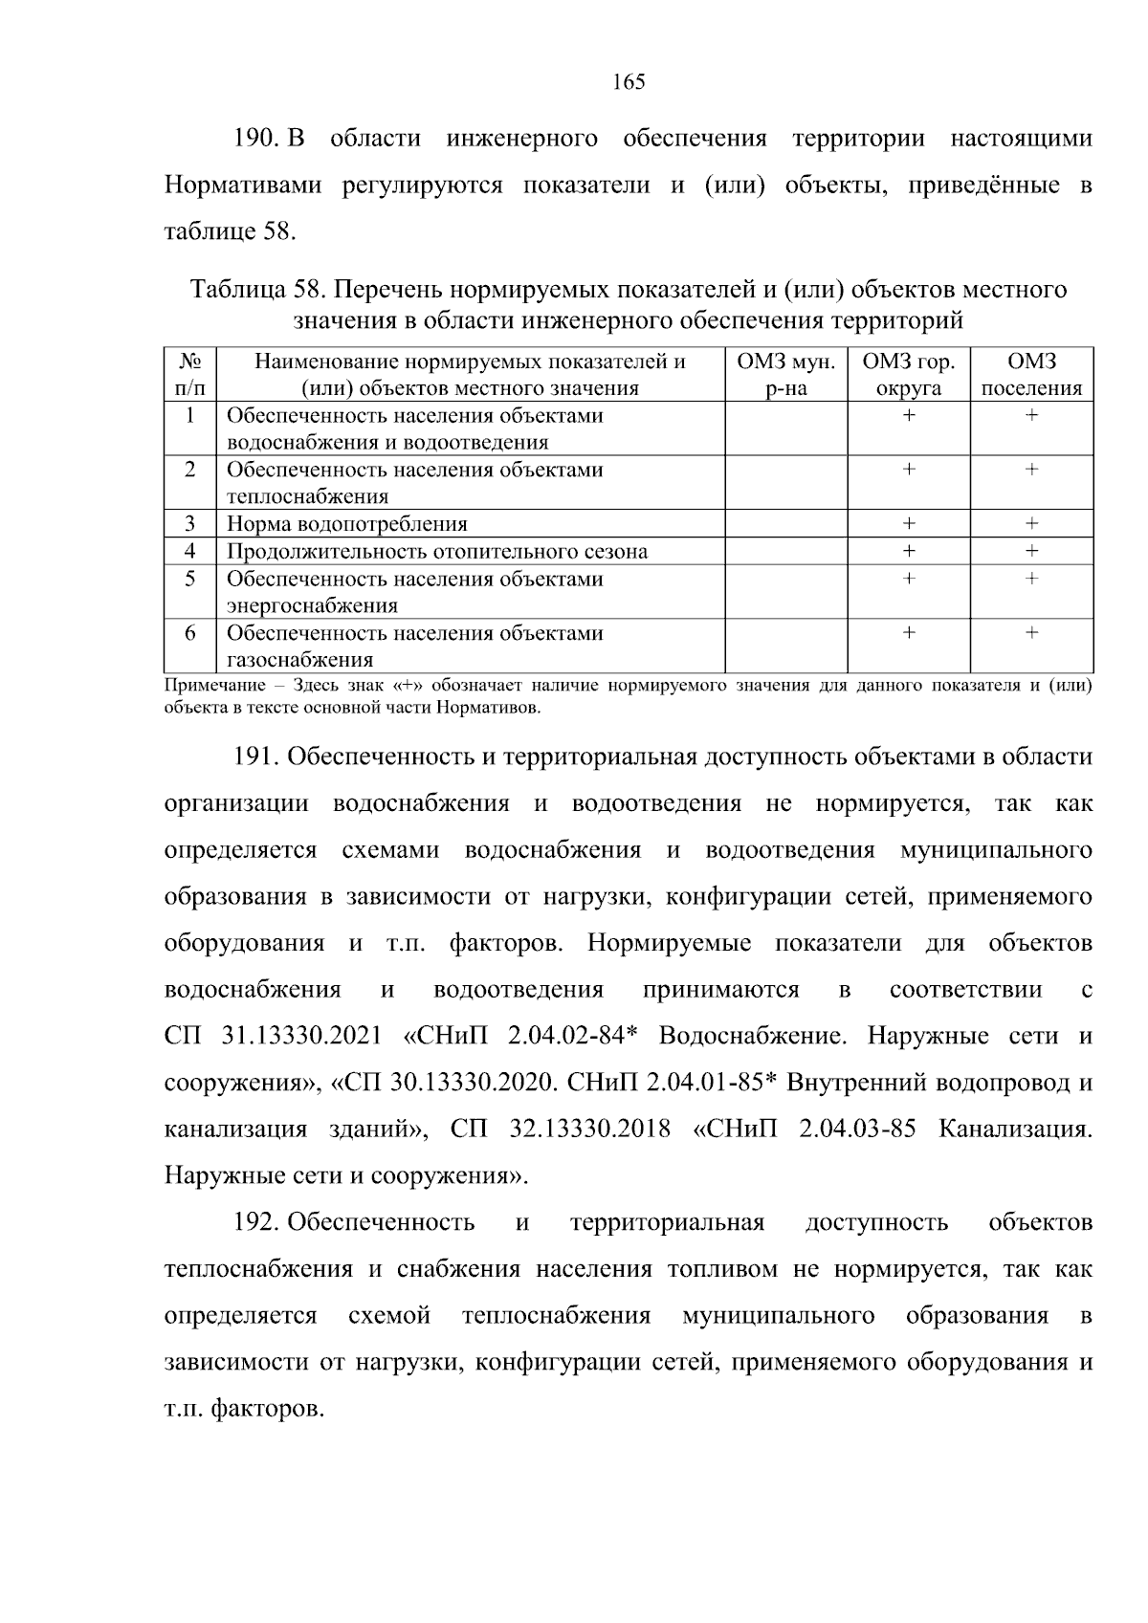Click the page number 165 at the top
[x=629, y=82]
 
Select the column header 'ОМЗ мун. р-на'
[x=786, y=375]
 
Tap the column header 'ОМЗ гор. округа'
[x=909, y=375]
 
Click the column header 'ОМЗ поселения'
[x=1031, y=375]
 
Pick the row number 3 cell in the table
[x=190, y=523]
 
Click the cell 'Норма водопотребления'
[x=347, y=524]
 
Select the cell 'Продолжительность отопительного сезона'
[x=437, y=552]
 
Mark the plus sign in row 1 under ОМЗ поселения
[x=1031, y=416]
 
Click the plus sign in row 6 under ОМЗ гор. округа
[x=909, y=633]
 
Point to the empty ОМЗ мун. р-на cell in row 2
[x=786, y=482]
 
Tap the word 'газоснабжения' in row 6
[x=299, y=660]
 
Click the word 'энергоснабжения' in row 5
[x=312, y=606]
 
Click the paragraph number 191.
[x=255, y=757]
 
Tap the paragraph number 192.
[x=255, y=1223]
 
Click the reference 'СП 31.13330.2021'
[x=274, y=1037]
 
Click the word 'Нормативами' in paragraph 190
[x=243, y=186]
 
